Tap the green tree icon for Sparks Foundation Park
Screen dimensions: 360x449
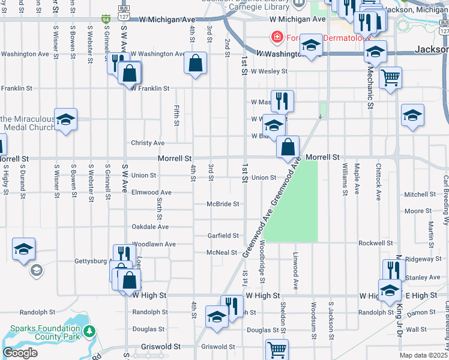point(89,331)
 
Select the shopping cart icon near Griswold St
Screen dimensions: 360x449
point(277,349)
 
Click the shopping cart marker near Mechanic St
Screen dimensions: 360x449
point(390,77)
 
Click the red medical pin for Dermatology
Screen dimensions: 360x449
point(277,37)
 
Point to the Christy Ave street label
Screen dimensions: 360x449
point(148,143)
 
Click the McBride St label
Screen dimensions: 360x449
point(223,204)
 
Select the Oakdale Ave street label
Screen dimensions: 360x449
point(150,227)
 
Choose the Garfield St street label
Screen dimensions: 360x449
point(223,236)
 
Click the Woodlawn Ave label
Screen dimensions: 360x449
point(154,244)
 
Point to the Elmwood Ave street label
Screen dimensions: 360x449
point(152,193)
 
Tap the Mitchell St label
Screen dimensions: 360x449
point(420,194)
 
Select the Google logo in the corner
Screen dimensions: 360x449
point(20,353)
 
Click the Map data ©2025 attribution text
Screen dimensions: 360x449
point(423,355)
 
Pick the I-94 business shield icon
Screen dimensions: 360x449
point(106,19)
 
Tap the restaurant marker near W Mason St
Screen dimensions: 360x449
point(282,100)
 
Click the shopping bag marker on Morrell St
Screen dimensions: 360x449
point(288,146)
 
